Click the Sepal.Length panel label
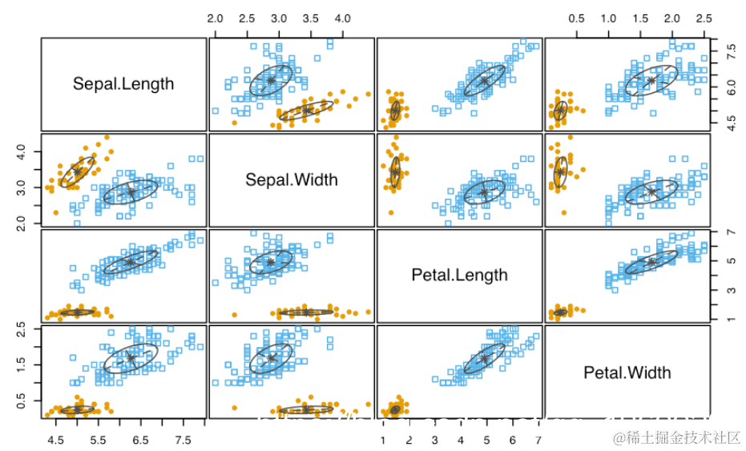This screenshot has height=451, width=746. click(x=123, y=84)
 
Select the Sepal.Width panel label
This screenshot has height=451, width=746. click(x=292, y=179)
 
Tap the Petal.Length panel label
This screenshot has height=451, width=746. click(x=459, y=275)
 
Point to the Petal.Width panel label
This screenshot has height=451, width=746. click(x=627, y=372)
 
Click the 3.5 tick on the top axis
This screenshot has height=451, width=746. click(x=311, y=18)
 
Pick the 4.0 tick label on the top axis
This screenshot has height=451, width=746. click(x=343, y=18)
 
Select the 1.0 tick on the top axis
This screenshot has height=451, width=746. click(x=609, y=18)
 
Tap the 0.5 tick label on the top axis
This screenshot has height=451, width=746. click(x=577, y=18)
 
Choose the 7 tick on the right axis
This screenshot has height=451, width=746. click(x=730, y=232)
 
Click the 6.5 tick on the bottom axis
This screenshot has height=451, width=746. click(x=141, y=440)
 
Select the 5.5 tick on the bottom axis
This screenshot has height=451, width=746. click(x=99, y=440)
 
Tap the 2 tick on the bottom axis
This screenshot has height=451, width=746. click(x=409, y=440)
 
